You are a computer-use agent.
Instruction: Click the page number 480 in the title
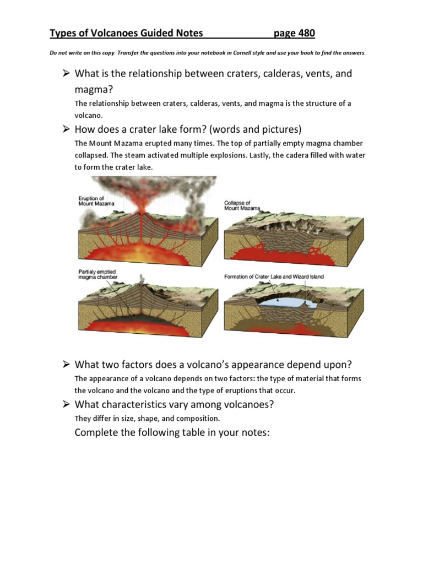coord(302,34)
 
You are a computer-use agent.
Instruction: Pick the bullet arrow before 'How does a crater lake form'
coord(66,129)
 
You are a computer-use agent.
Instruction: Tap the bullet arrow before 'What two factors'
coord(66,365)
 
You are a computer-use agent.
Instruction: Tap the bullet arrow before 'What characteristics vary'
coord(66,405)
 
